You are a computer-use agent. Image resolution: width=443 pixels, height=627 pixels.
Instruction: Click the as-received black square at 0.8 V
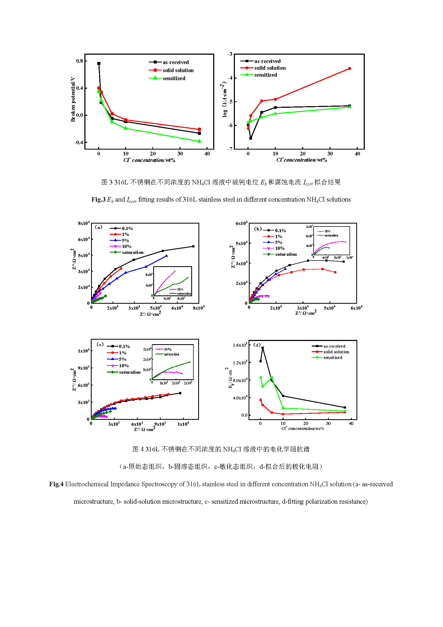(99, 63)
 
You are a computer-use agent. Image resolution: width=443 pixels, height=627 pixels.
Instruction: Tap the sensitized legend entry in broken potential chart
(174, 78)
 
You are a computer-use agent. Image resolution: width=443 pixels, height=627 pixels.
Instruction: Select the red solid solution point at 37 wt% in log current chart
(350, 69)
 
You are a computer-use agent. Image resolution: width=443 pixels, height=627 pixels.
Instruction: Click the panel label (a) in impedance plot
(98, 227)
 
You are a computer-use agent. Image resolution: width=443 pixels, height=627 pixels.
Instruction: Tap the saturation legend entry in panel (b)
(286, 254)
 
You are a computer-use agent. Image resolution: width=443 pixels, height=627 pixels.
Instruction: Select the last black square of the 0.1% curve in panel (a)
(193, 246)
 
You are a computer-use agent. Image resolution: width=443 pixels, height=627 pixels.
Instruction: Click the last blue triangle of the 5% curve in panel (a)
(167, 256)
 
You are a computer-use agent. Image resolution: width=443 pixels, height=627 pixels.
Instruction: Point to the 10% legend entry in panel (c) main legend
(123, 366)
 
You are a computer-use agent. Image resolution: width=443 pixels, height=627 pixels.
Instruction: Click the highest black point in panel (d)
(262, 348)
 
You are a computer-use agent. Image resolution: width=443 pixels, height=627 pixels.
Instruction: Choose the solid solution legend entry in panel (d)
(336, 352)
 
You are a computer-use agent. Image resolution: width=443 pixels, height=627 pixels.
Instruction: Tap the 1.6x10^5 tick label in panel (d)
(240, 345)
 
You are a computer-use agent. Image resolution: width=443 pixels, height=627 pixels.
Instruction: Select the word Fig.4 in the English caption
(56, 484)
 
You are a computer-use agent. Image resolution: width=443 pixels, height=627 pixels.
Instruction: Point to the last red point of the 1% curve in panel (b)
(335, 272)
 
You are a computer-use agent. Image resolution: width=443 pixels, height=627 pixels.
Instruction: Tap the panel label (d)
(257, 345)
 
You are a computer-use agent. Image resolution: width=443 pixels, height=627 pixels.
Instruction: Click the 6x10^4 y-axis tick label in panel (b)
(241, 223)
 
